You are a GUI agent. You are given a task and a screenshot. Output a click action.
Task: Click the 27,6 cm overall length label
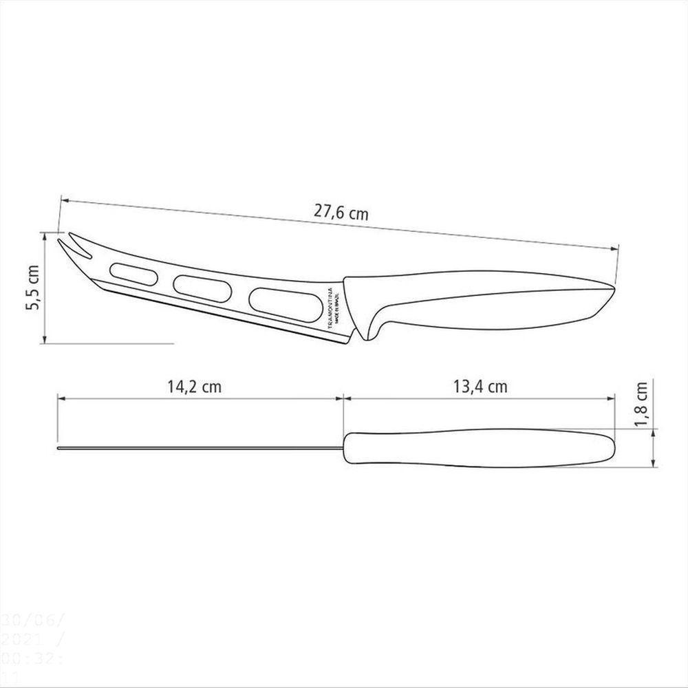(x=341, y=213)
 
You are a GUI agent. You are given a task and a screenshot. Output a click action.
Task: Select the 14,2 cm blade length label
(x=194, y=387)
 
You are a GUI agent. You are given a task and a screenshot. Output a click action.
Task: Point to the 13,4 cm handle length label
(x=481, y=387)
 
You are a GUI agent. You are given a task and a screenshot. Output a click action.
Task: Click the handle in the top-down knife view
(x=482, y=448)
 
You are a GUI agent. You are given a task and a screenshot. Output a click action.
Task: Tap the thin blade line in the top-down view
(x=200, y=450)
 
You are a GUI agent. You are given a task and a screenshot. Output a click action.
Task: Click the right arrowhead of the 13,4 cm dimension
(x=611, y=398)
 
